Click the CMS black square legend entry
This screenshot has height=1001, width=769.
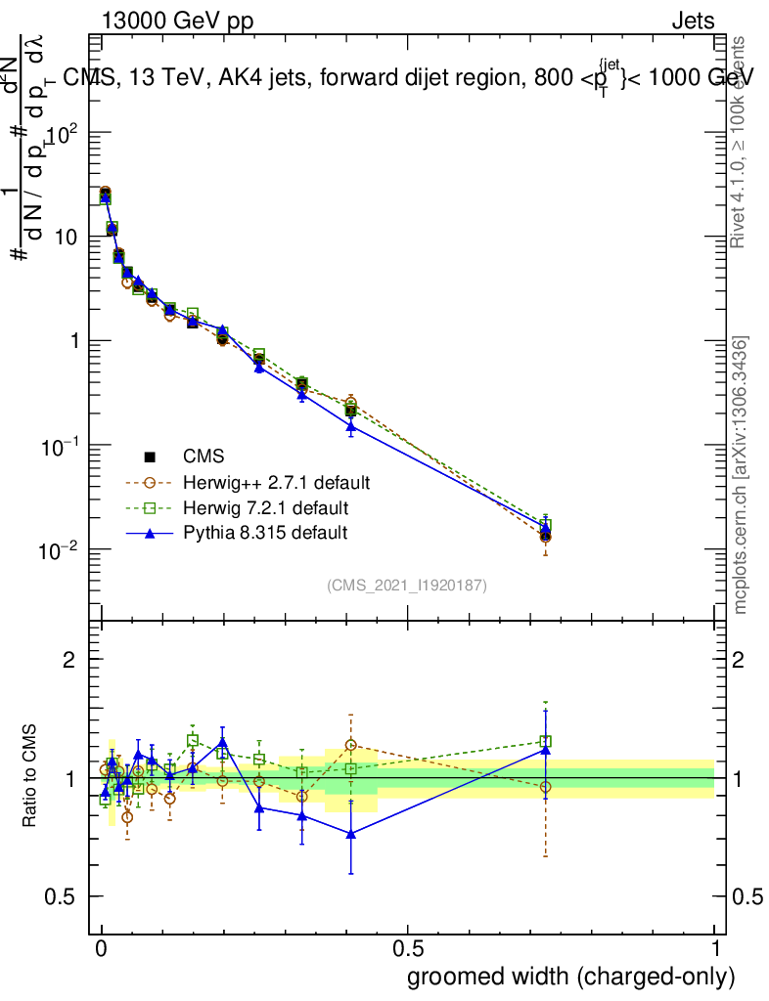pyautogui.click(x=151, y=457)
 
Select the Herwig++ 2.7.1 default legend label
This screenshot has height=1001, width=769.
pyautogui.click(x=276, y=483)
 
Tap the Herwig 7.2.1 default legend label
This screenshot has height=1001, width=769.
pyautogui.click(x=265, y=508)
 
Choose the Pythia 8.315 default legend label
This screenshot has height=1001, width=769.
pyautogui.click(x=265, y=533)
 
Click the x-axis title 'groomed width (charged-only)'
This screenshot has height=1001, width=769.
pyautogui.click(x=570, y=977)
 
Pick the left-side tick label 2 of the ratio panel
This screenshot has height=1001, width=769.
pyautogui.click(x=69, y=660)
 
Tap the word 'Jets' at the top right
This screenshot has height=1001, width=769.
pyautogui.click(x=693, y=22)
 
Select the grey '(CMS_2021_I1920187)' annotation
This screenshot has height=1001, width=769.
pyautogui.click(x=407, y=585)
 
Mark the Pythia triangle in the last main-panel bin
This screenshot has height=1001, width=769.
pyautogui.click(x=546, y=528)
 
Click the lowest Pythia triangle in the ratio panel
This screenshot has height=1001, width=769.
pyautogui.click(x=350, y=833)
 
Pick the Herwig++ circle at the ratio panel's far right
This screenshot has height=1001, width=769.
pyautogui.click(x=546, y=786)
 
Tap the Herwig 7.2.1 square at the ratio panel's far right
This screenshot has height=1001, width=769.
pyautogui.click(x=546, y=742)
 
